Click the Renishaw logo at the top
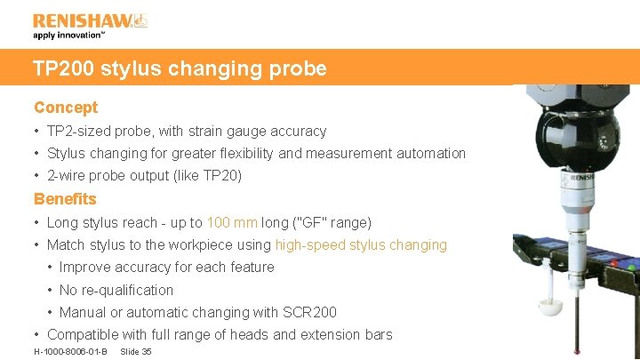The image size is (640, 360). (x=90, y=20)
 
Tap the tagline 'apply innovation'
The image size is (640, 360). (x=69, y=36)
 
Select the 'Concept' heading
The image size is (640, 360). (x=66, y=108)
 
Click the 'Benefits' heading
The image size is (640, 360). (x=65, y=199)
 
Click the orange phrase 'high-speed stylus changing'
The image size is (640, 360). (x=361, y=244)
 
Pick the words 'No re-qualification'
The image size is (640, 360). (x=116, y=290)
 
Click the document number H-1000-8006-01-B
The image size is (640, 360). (x=70, y=352)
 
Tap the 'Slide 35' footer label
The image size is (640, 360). (x=136, y=352)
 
